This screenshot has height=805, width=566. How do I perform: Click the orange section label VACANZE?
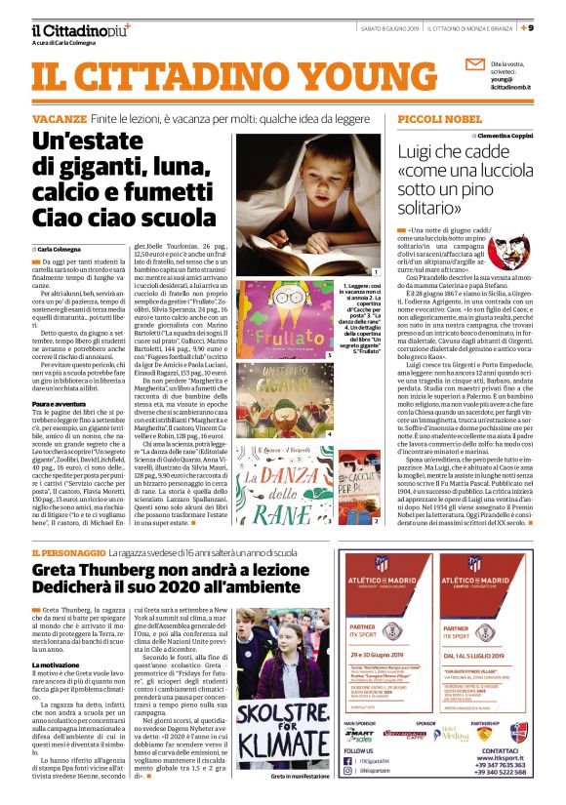[x=59, y=117]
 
